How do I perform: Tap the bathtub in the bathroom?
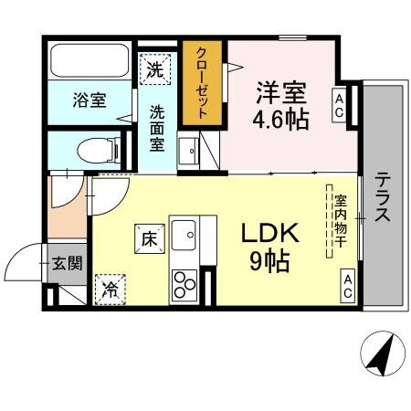(x=90, y=61)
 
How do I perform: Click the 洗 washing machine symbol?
(x=156, y=68)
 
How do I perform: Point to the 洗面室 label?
(x=157, y=129)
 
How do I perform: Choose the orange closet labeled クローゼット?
(x=204, y=83)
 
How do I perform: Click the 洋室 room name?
(x=280, y=92)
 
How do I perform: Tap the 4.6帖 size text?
(x=280, y=119)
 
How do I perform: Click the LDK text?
(x=270, y=235)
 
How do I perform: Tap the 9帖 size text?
(x=270, y=262)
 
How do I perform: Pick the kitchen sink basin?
(x=189, y=234)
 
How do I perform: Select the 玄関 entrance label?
(x=66, y=264)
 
